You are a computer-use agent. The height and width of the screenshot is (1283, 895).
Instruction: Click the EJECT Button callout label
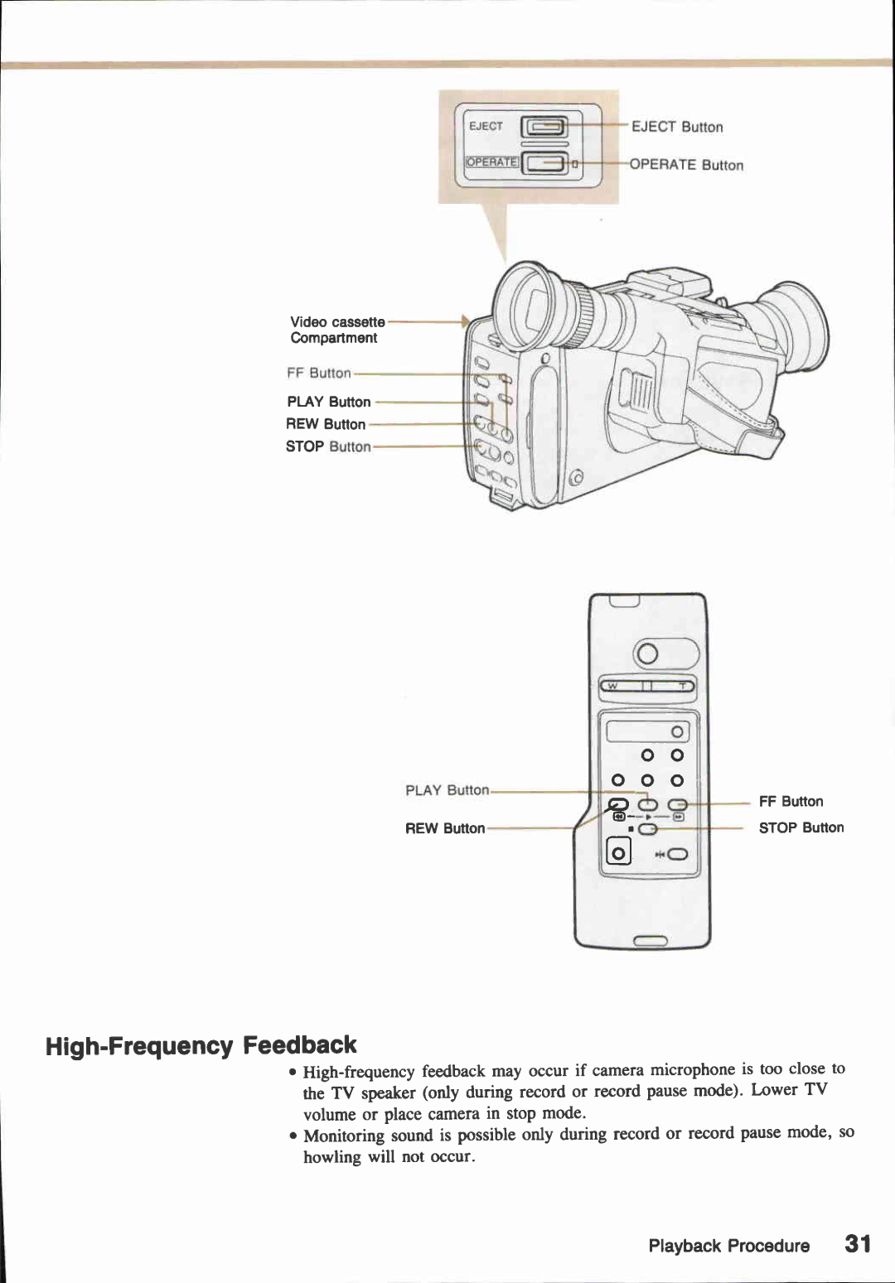pos(677,127)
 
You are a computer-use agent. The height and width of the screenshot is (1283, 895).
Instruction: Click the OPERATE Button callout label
pos(686,165)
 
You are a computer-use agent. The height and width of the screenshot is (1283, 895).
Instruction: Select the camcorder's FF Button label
pos(319,374)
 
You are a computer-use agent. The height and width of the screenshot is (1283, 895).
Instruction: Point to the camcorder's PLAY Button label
pos(329,402)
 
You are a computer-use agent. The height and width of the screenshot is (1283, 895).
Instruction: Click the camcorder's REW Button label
pos(326,424)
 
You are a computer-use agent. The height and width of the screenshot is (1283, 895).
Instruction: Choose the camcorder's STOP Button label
pos(328,446)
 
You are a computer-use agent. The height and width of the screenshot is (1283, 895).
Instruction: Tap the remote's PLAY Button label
pos(447,790)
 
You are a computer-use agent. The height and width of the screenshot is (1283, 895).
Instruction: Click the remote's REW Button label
pos(445,828)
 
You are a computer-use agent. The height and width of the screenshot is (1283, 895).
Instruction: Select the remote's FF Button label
pos(791,802)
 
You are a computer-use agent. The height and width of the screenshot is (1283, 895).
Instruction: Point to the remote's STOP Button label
pos(801,827)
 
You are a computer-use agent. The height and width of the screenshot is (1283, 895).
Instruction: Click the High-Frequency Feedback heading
pos(201,1045)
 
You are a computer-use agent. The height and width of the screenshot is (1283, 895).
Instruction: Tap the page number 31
pos(858,1244)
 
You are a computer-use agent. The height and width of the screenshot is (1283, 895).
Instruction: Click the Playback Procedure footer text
pos(728,1246)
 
